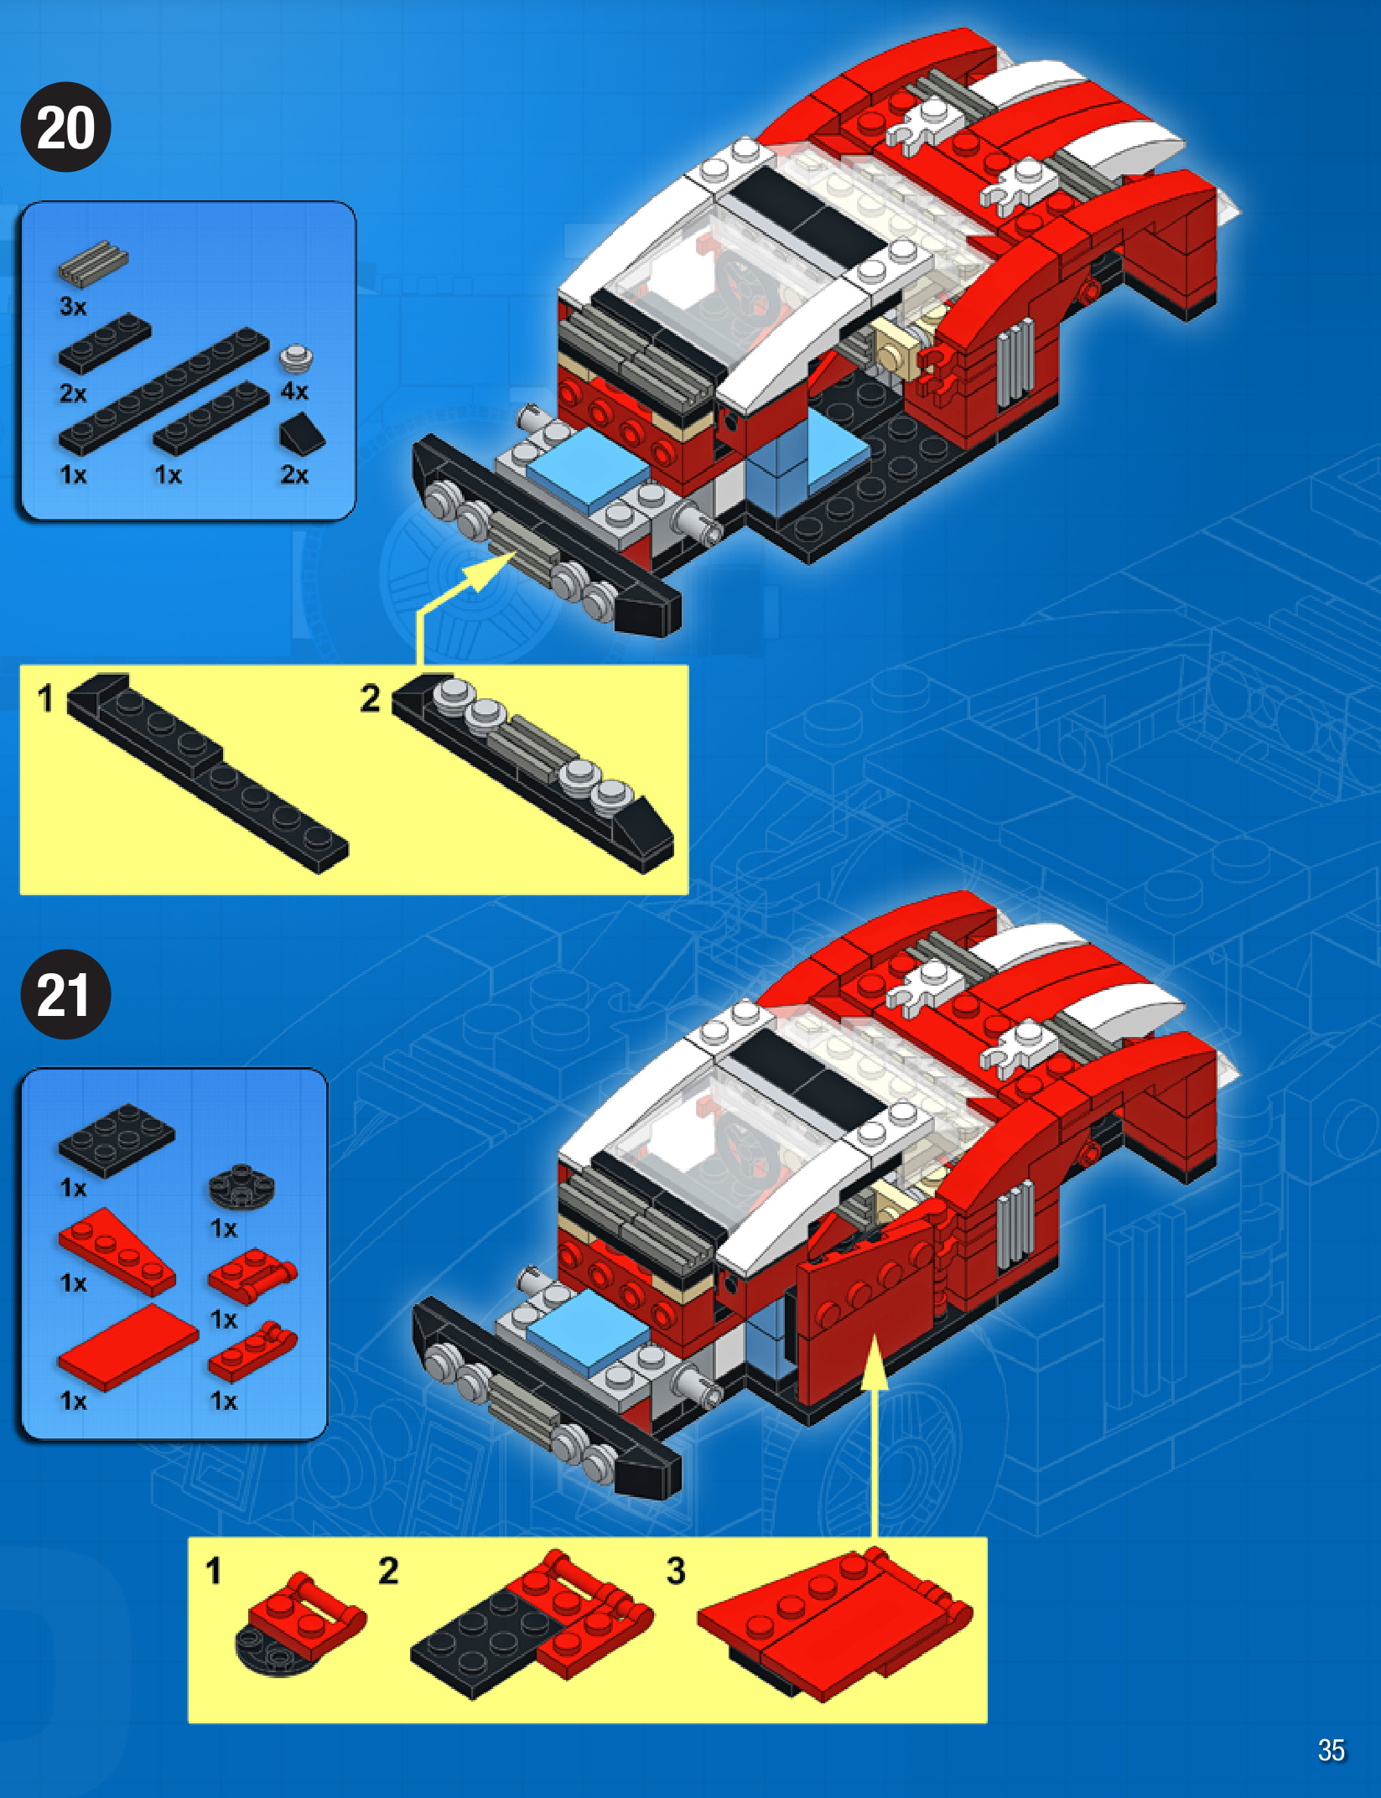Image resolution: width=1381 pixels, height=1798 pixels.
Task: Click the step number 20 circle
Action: pos(65,127)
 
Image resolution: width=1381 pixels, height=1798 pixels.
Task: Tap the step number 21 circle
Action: pos(65,995)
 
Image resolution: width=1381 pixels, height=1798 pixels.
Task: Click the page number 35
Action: pos(1331,1749)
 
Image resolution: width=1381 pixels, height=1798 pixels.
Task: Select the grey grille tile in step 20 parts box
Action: pos(93,261)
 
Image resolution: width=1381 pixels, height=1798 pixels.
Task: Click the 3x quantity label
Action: pos(73,307)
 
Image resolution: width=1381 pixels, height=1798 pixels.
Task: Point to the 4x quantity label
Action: pos(294,391)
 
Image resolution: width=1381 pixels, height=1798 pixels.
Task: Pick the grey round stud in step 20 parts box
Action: pos(295,358)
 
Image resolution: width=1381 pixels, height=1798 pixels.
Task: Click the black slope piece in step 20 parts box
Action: pos(301,433)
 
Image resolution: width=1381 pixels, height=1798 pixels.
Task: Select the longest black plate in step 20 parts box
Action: pos(164,391)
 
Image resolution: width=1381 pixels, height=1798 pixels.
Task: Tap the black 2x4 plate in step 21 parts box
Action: pos(116,1139)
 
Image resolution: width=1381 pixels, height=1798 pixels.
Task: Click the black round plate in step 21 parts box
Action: pos(241,1186)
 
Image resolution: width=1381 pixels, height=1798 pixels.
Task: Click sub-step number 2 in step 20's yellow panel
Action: pos(371,698)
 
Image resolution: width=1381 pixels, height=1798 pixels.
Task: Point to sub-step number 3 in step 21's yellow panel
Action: pos(676,1571)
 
